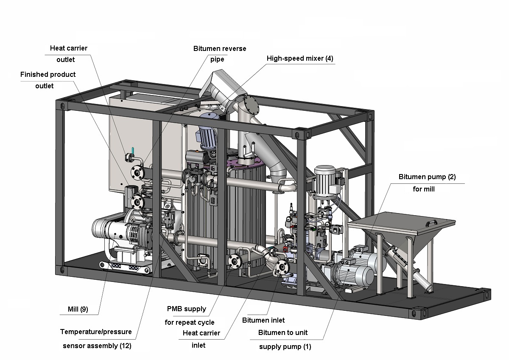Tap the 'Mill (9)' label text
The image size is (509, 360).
(x=78, y=309)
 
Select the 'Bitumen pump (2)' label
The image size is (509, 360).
(x=427, y=177)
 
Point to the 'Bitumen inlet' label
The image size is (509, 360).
(x=263, y=320)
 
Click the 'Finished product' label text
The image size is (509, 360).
(x=48, y=74)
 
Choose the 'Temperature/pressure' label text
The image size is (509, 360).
(x=96, y=332)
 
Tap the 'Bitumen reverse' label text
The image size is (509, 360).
(x=220, y=48)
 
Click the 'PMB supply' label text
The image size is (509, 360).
(x=186, y=309)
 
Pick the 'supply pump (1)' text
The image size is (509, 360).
(x=285, y=346)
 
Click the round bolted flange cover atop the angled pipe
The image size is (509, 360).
(x=250, y=104)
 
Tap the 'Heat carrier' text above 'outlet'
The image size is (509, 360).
(x=68, y=48)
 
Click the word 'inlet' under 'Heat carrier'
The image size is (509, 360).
(x=199, y=345)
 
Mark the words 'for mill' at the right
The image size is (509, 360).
(x=423, y=189)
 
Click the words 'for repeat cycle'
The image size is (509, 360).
(x=190, y=322)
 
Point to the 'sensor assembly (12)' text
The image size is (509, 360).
(x=97, y=346)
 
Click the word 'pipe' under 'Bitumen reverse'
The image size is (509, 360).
(x=217, y=59)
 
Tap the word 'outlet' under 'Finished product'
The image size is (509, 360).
(x=44, y=86)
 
